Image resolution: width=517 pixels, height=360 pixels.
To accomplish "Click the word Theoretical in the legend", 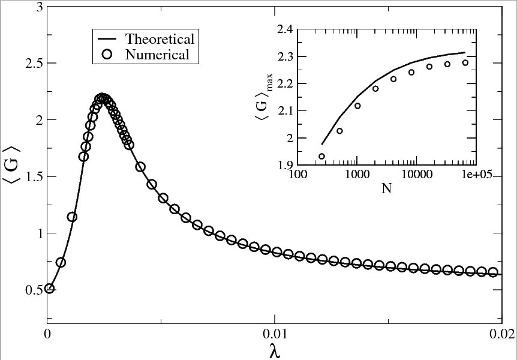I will coord(160,39).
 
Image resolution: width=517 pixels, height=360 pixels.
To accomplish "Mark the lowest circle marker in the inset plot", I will coord(321,156).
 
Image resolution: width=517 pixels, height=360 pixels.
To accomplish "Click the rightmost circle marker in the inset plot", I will coord(465,62).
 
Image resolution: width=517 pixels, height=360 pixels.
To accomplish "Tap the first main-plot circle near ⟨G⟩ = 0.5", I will coord(50,289).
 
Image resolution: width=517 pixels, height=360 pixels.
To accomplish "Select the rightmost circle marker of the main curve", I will coord(493,272).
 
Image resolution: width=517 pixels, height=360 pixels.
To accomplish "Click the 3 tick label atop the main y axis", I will coord(38,7).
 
